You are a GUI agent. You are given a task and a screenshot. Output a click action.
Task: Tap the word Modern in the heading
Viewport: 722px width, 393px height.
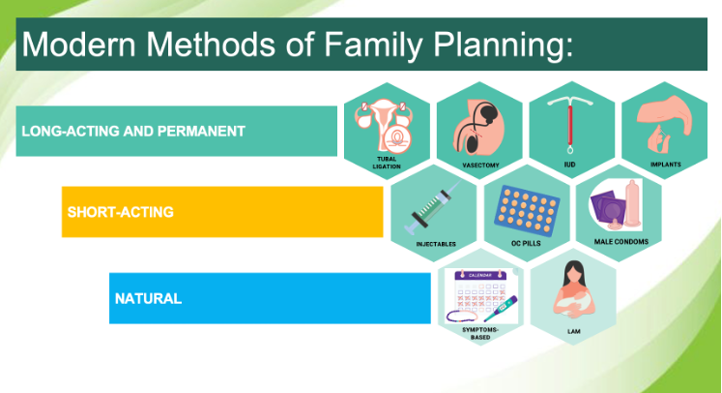(x=78, y=45)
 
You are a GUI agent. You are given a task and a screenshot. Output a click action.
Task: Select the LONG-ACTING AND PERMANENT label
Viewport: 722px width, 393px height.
(x=133, y=131)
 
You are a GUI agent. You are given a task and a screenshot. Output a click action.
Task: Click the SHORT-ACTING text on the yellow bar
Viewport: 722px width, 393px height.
(x=120, y=212)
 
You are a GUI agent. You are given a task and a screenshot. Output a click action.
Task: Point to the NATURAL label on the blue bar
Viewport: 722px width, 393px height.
(x=148, y=298)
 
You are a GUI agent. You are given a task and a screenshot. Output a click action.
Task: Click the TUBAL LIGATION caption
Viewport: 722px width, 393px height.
(x=387, y=163)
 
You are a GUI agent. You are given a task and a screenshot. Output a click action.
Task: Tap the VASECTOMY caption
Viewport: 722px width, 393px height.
(x=480, y=166)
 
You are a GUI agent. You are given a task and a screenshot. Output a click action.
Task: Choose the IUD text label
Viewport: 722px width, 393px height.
(x=569, y=165)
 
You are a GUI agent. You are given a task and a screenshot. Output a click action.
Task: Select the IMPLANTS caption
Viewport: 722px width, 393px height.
(x=665, y=165)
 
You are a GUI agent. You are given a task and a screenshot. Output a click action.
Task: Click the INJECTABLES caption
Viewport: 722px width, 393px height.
(x=436, y=244)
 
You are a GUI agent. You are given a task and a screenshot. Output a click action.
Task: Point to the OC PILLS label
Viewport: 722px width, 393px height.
(x=526, y=243)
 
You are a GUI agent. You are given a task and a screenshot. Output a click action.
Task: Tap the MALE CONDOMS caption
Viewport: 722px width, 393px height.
(x=621, y=242)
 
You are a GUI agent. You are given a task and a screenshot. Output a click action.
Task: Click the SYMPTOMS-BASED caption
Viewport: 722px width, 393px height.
(x=479, y=334)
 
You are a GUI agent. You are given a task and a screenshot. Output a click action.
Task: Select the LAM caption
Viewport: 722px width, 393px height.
(x=574, y=331)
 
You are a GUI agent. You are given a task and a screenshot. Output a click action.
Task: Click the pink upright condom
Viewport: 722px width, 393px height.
(x=633, y=203)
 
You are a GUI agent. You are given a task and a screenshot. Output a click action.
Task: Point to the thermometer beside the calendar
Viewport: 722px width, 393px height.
(x=501, y=309)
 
